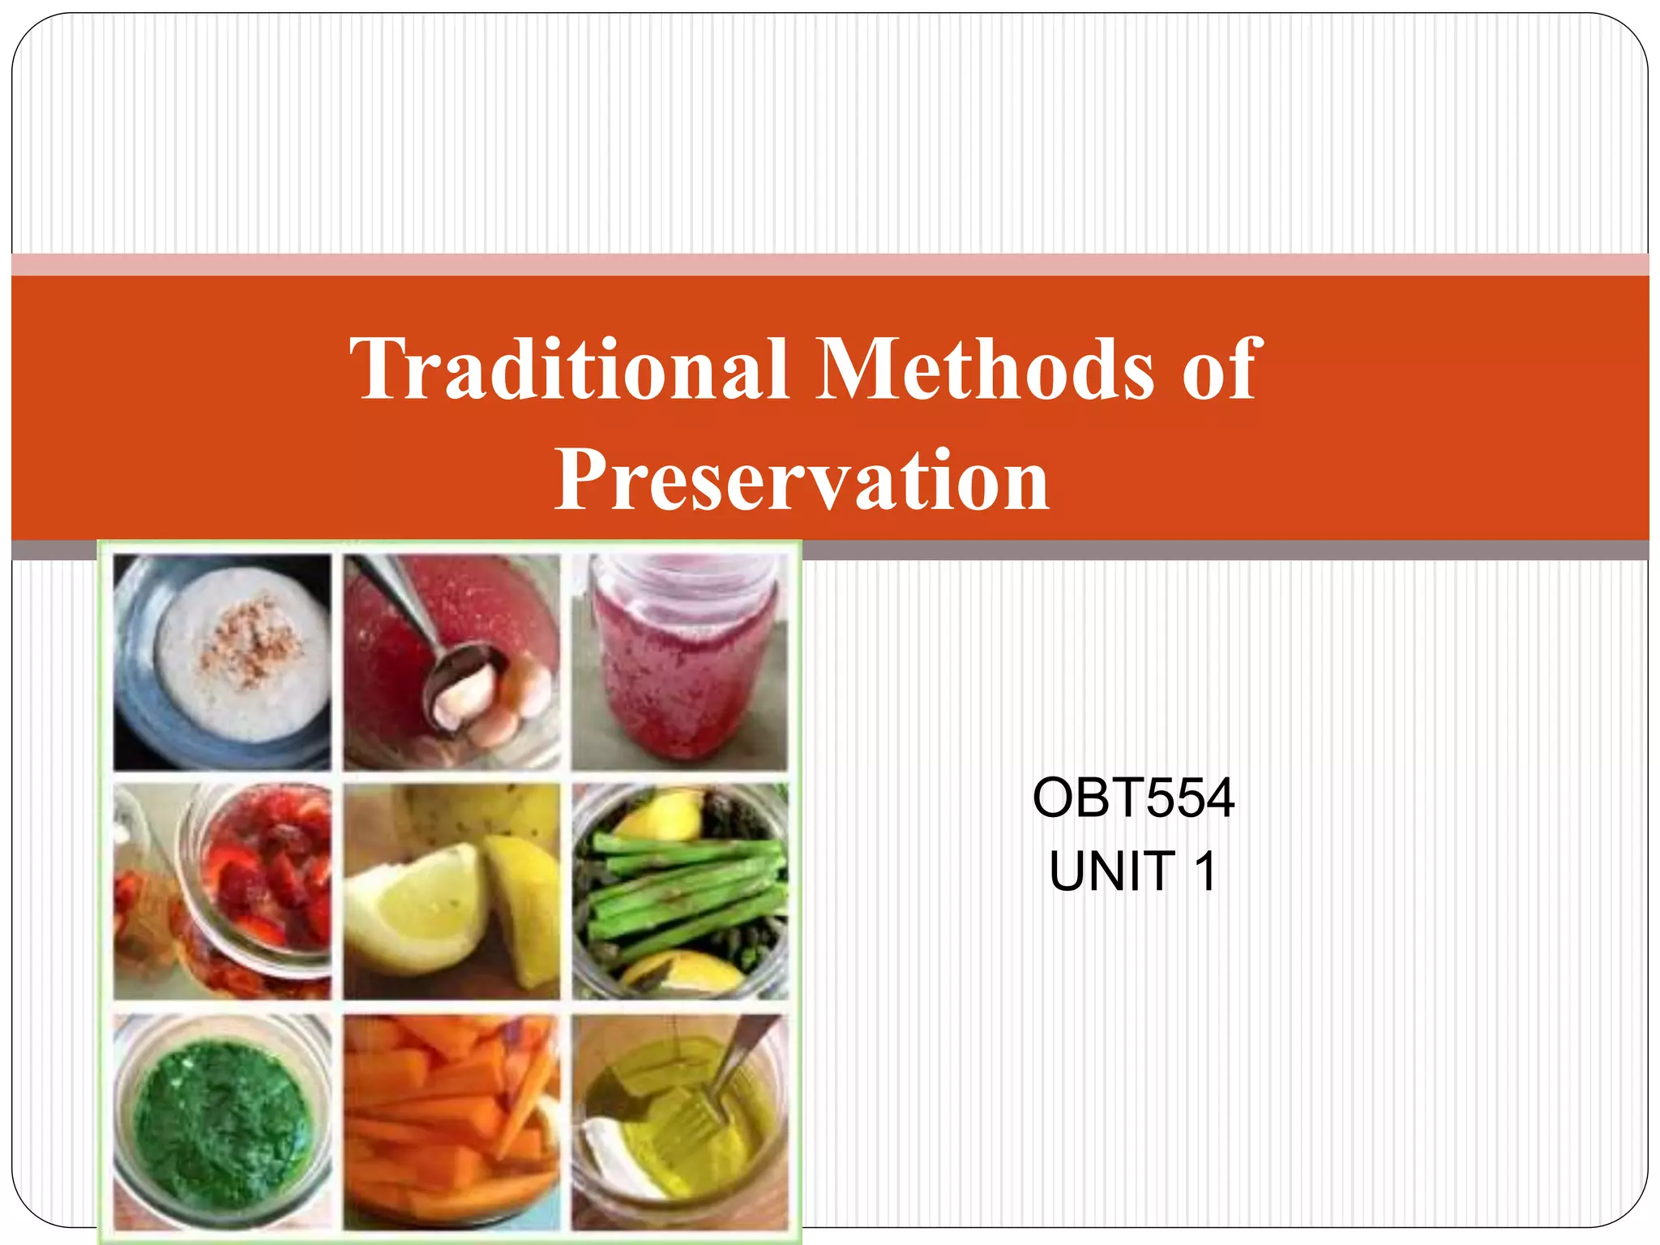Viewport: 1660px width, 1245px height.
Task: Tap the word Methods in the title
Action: (x=984, y=370)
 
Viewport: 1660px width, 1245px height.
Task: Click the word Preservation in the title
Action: (x=802, y=481)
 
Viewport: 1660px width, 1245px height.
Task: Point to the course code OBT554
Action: (x=1133, y=798)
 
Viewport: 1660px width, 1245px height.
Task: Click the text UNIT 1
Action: (x=1133, y=871)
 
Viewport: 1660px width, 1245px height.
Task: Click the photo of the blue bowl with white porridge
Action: (x=222, y=661)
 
